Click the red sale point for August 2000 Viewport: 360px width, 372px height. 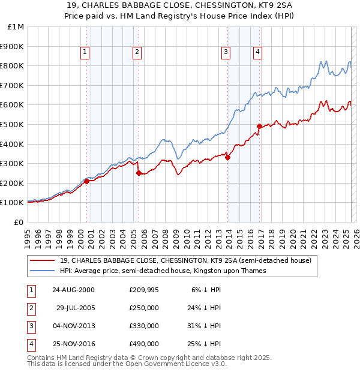click(87, 181)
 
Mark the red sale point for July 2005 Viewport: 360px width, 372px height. click(139, 173)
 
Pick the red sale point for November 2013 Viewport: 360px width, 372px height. click(227, 157)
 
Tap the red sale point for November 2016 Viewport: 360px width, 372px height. click(260, 126)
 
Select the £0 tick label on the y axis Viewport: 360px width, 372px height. click(18, 222)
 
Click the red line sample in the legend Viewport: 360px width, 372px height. click(42, 261)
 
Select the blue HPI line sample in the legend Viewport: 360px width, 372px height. click(42, 271)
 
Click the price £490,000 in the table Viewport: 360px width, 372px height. click(144, 344)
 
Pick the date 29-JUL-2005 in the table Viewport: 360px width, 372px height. click(75, 308)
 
